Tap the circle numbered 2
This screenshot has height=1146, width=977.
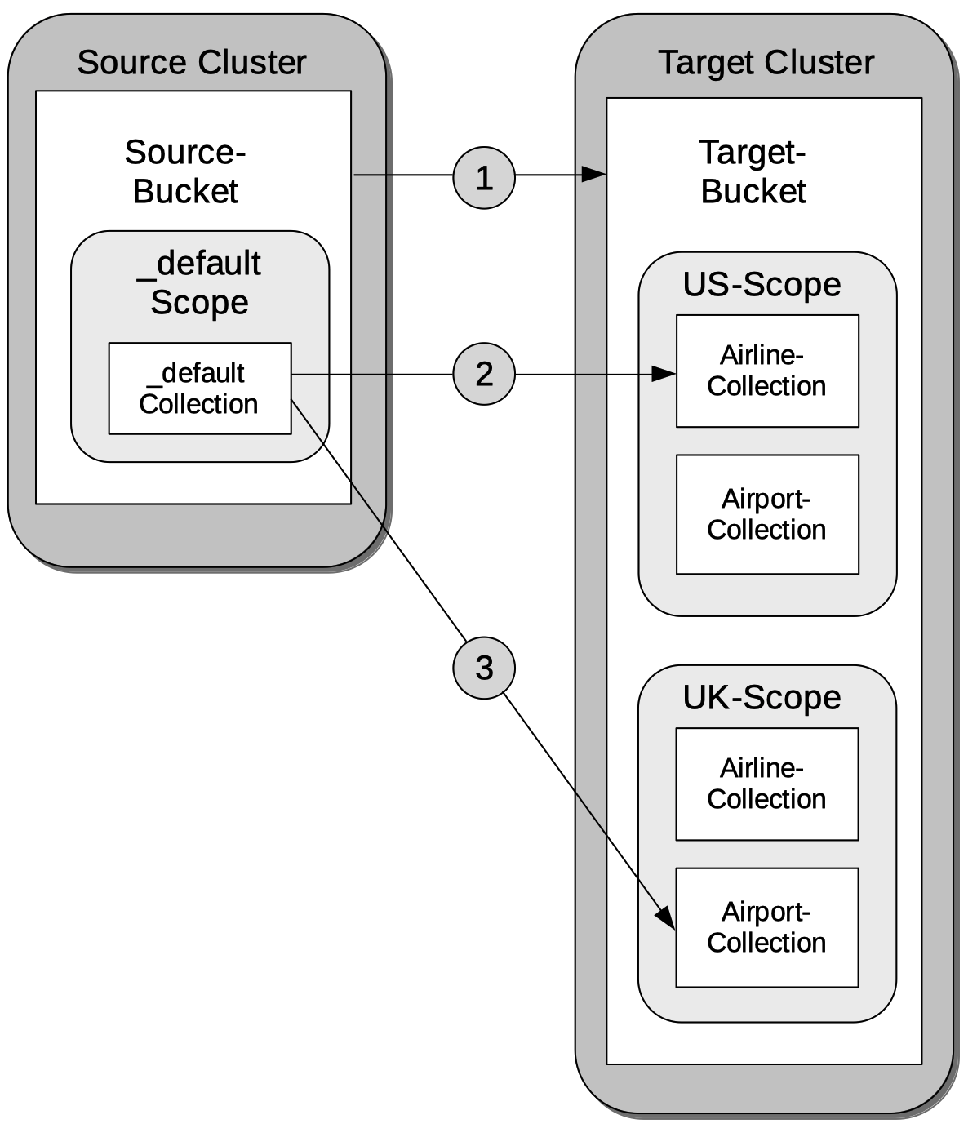pyautogui.click(x=484, y=374)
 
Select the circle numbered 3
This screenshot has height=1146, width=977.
pyautogui.click(x=484, y=668)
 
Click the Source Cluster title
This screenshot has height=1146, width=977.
pyautogui.click(x=192, y=62)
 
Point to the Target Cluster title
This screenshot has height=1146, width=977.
pyautogui.click(x=766, y=62)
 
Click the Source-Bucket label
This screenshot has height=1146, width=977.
pyautogui.click(x=185, y=171)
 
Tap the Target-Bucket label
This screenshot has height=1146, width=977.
pyautogui.click(x=753, y=171)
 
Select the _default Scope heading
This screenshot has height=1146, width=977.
pyautogui.click(x=199, y=282)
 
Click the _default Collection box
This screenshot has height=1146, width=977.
pyautogui.click(x=200, y=389)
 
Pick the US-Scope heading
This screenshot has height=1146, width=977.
pyautogui.click(x=762, y=284)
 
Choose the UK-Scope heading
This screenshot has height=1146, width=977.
pyautogui.click(x=762, y=697)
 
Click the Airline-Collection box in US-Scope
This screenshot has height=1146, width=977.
pyautogui.click(x=767, y=371)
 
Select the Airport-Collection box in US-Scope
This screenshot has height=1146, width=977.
pyautogui.click(x=767, y=514)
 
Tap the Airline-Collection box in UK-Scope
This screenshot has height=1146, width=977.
pyautogui.click(x=767, y=784)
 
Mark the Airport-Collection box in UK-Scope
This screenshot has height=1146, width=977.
pyautogui.click(x=767, y=927)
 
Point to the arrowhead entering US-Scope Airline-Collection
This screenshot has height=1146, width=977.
pyautogui.click(x=664, y=375)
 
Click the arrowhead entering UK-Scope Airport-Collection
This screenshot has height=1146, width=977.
pyautogui.click(x=667, y=917)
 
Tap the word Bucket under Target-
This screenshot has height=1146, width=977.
pyautogui.click(x=753, y=191)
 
